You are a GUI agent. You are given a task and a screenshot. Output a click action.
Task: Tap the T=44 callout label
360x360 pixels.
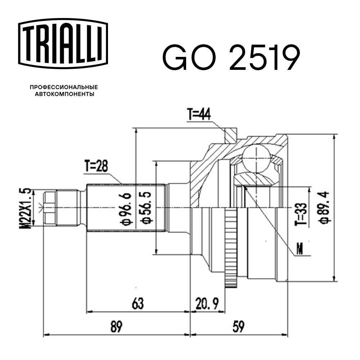point(199,115)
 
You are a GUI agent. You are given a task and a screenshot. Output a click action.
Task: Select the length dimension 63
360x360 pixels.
point(137,304)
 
